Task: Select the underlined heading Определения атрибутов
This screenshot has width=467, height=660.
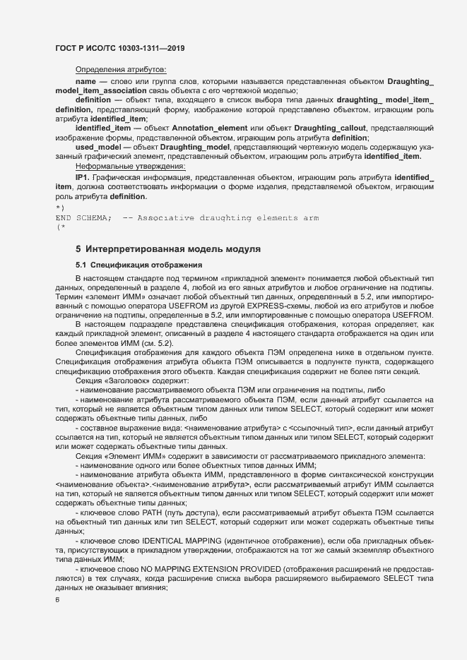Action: pyautogui.click(x=120, y=69)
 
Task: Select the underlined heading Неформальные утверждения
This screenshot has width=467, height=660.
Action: pyautogui.click(x=130, y=166)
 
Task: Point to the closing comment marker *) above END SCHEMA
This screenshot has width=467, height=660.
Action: pyautogui.click(x=60, y=210)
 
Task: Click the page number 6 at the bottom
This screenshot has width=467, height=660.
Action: pyautogui.click(x=57, y=600)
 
